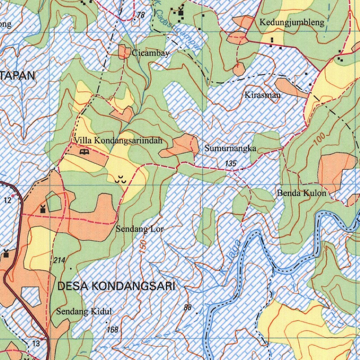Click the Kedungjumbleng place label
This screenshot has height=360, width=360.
(x=292, y=23)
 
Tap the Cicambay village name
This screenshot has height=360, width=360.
(x=151, y=53)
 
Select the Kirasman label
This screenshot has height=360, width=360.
(x=263, y=95)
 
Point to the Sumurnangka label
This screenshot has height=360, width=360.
(x=230, y=149)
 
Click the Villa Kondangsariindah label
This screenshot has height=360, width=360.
(x=118, y=141)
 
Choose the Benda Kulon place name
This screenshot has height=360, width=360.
(x=301, y=193)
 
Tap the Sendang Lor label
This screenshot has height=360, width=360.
(x=140, y=229)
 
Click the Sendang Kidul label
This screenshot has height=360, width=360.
(x=84, y=311)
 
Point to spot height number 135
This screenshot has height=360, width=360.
(x=231, y=163)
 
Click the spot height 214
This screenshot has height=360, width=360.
(x=60, y=261)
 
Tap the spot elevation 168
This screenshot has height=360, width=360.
(x=112, y=330)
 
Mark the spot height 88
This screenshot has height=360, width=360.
(x=188, y=308)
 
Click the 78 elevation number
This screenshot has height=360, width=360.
(x=141, y=15)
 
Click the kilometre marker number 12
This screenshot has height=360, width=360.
(x=8, y=200)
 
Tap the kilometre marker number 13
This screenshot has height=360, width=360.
(x=36, y=343)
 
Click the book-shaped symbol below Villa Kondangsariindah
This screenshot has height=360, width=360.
(x=84, y=152)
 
